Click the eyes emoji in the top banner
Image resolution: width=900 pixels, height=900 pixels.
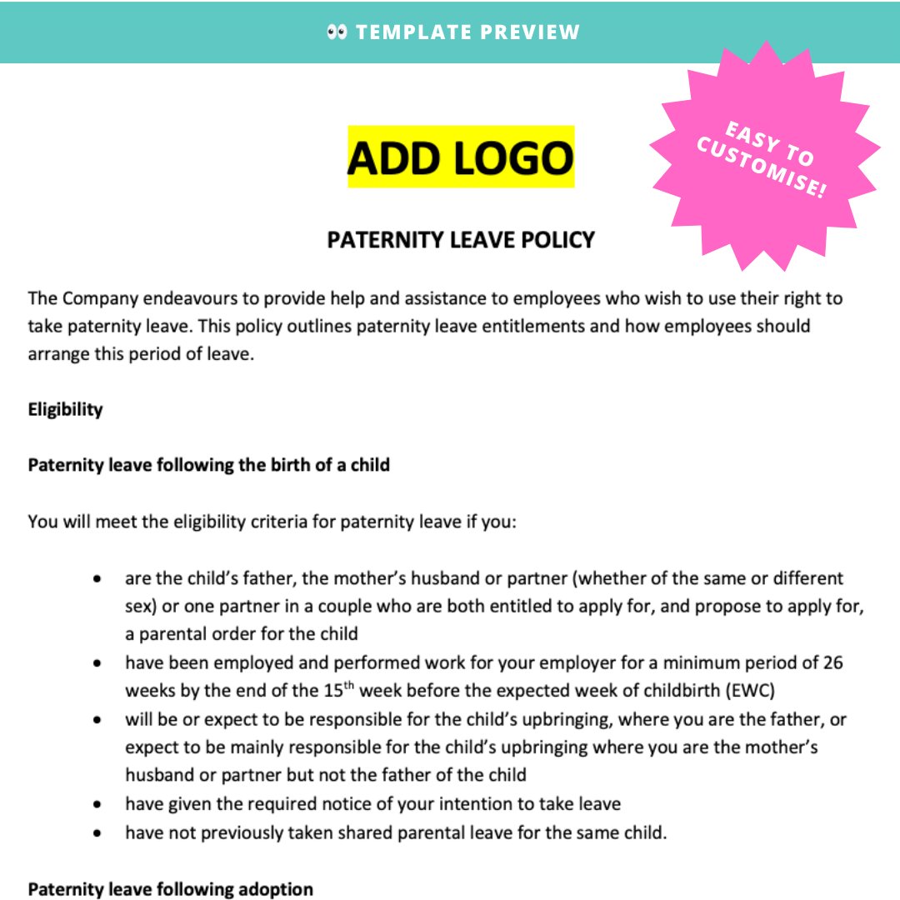tap(337, 32)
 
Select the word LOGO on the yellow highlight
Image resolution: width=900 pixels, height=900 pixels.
tap(517, 157)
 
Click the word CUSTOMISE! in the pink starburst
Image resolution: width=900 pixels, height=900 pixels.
tap(762, 169)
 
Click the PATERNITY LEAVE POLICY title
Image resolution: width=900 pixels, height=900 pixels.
tap(461, 240)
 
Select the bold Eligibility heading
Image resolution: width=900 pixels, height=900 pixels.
tap(65, 409)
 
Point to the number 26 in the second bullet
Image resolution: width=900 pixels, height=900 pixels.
tap(832, 662)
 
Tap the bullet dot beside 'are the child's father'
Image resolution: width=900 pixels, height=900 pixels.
tap(99, 578)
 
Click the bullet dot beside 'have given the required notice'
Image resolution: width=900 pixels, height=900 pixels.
tap(99, 804)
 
